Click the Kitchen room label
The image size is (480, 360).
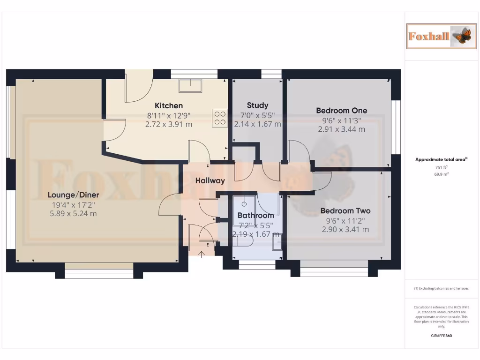coord(169,105)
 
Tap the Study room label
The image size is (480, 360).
coord(257,105)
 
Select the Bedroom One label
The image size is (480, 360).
coord(341,111)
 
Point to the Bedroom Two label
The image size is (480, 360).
coord(345,211)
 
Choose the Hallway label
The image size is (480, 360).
coord(210,180)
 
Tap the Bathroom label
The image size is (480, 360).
coord(255,216)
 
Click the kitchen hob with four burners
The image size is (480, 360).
coord(220,118)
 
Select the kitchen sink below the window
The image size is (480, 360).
coord(190,86)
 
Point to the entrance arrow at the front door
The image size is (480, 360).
coord(202,255)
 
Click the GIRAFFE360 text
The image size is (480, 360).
coord(441,336)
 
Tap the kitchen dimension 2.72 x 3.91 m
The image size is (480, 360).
coord(169,124)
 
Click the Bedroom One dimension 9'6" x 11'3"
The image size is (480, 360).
coord(341,120)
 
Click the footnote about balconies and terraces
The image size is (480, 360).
coord(441,289)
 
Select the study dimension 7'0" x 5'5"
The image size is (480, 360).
coord(257,115)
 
